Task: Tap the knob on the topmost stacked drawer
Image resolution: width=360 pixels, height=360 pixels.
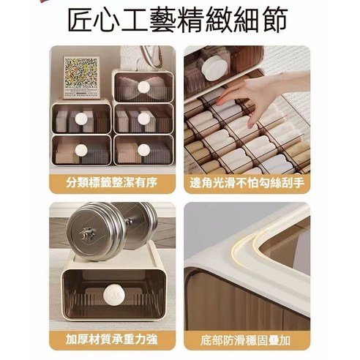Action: click(144, 87)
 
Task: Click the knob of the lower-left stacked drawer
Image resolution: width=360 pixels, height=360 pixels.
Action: click(81, 149)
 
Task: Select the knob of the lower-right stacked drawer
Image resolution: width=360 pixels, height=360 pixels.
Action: click(144, 149)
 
